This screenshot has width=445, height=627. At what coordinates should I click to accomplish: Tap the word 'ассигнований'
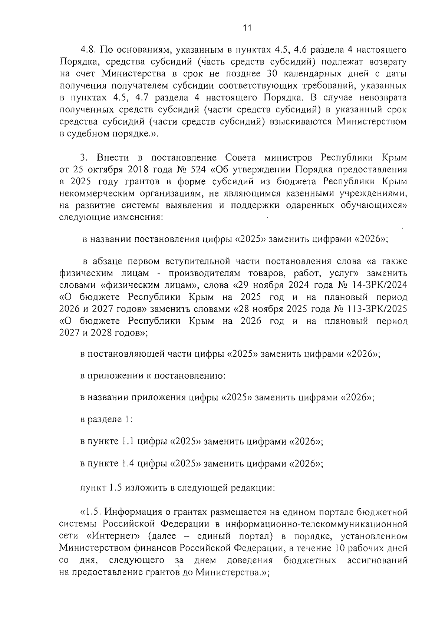click(377, 560)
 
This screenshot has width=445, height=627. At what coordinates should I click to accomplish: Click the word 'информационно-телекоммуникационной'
click(316, 525)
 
